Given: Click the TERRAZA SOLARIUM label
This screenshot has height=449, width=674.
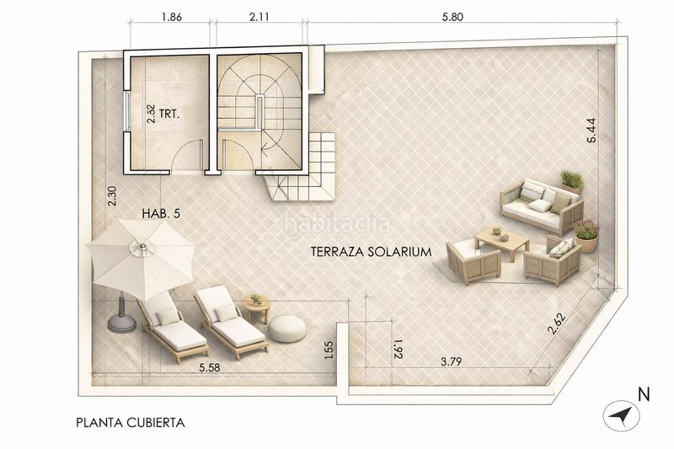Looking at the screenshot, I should [x=371, y=251].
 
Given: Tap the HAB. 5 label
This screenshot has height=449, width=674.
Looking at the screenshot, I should [x=162, y=214].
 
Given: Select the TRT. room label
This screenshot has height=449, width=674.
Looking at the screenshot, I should [x=175, y=110].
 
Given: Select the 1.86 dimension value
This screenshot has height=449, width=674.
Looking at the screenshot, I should [x=171, y=16].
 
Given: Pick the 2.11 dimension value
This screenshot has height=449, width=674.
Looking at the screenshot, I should [x=259, y=16].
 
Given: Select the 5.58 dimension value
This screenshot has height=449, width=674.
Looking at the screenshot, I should [x=211, y=368].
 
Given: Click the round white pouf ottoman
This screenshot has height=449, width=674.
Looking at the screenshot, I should [x=290, y=328].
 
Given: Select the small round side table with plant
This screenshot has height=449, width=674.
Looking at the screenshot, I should [x=255, y=305].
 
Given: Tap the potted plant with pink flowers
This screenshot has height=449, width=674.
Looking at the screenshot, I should [x=586, y=234].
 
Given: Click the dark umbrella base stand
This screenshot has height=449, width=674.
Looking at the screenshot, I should [x=121, y=319].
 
